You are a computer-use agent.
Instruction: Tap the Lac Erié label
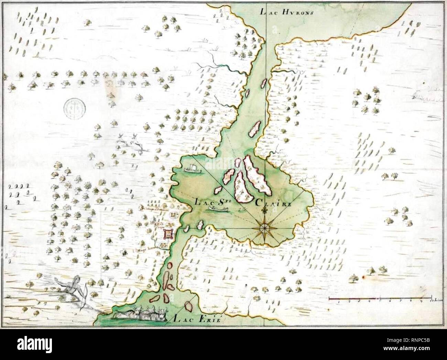pyautogui.click(x=197, y=319)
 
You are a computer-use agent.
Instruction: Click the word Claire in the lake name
pyautogui.click(x=273, y=203)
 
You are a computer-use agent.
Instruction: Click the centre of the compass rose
pyautogui.click(x=265, y=227)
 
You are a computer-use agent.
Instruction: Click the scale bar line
pyautogui.click(x=380, y=299)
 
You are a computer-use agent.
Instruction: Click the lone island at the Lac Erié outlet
pyautogui.click(x=188, y=305)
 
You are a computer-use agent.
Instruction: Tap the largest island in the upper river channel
pyautogui.click(x=254, y=128)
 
